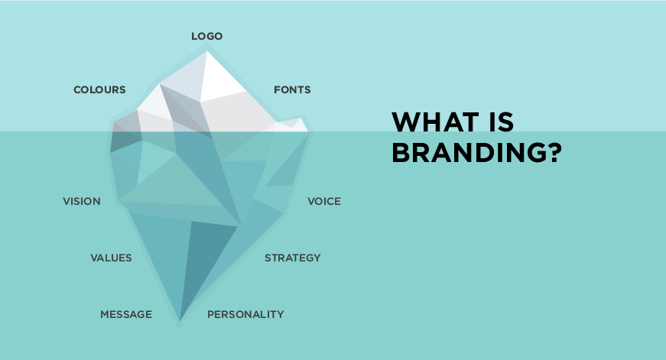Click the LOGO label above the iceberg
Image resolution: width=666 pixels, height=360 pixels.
[x=207, y=36]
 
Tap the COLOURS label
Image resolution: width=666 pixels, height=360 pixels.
[x=99, y=89]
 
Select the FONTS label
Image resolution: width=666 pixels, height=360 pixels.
[x=292, y=89]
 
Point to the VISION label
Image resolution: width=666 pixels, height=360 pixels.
[x=82, y=201]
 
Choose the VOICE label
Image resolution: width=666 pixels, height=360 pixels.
[x=324, y=201]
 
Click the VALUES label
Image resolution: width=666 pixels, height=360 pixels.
[x=112, y=258]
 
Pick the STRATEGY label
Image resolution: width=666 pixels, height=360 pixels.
[x=293, y=258]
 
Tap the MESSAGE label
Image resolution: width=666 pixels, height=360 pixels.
[x=126, y=314]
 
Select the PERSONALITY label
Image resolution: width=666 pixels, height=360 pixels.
[x=245, y=314]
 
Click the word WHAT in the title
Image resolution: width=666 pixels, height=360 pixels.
[x=435, y=122]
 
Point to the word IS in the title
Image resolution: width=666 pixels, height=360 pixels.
[x=501, y=122]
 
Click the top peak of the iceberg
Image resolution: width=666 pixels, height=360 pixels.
[x=207, y=51]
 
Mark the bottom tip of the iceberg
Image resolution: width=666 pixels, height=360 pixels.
[x=180, y=320]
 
